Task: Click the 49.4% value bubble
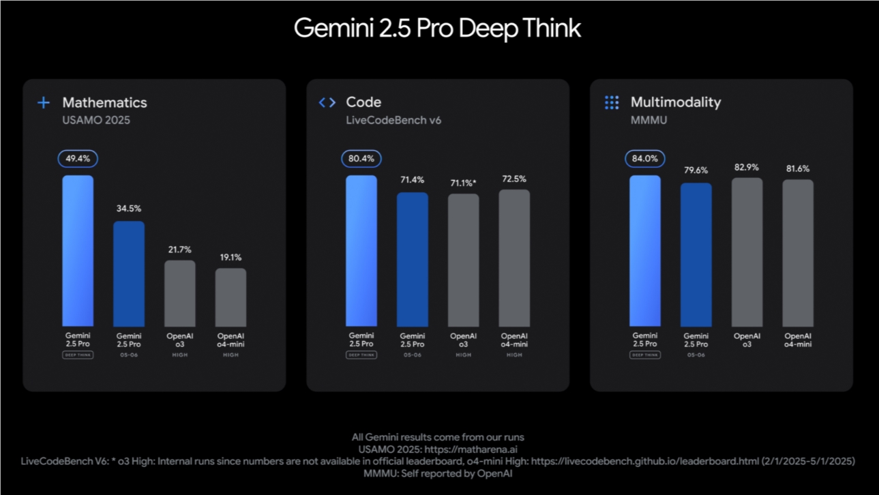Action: [x=78, y=159]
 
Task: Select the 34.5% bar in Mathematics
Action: [x=129, y=273]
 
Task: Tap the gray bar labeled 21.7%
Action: [x=180, y=293]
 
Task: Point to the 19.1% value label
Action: [x=231, y=258]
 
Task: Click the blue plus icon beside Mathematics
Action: [x=44, y=102]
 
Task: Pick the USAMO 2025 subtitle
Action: [x=96, y=121]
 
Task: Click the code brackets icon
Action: [x=327, y=102]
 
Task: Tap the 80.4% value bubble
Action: [x=361, y=159]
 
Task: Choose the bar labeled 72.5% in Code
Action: [x=514, y=258]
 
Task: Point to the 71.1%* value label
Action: [x=464, y=183]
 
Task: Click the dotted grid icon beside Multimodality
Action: [x=612, y=102]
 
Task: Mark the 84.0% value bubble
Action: [x=645, y=159]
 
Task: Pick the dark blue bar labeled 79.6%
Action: [x=696, y=254]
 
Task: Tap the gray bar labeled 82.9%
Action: [x=747, y=252]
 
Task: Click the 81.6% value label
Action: [x=798, y=168]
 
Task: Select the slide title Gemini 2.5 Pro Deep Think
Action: [x=438, y=29]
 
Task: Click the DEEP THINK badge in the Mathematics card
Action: [x=78, y=355]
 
